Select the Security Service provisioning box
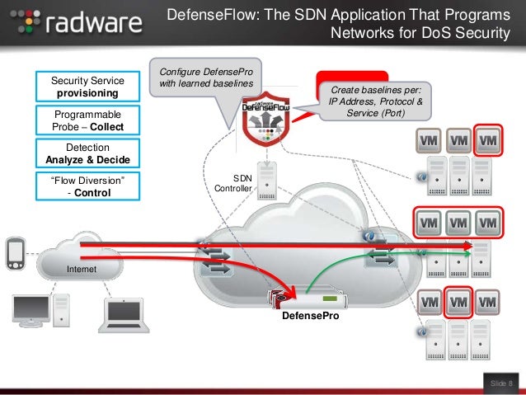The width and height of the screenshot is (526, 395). point(88,87)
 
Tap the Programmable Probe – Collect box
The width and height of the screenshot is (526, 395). point(87,120)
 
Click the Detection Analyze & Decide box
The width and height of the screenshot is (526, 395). point(87,153)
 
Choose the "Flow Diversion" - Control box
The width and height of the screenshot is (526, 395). point(87,186)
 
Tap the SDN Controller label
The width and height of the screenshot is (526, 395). point(233,183)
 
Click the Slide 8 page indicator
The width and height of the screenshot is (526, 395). point(500,383)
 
